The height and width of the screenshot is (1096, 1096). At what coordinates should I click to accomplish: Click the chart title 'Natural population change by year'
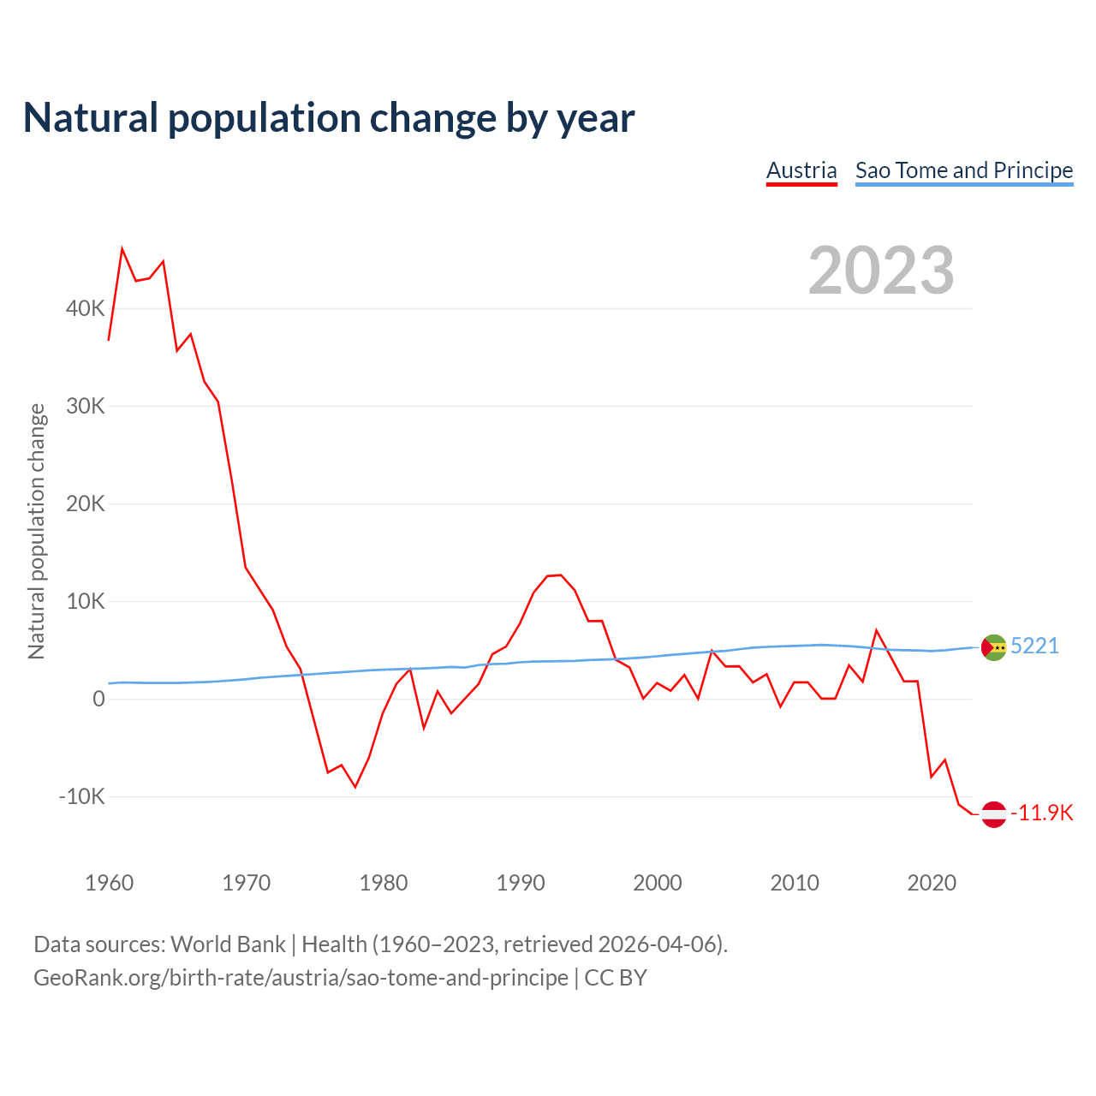point(329,118)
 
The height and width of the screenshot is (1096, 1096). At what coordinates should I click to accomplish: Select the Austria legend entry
point(801,170)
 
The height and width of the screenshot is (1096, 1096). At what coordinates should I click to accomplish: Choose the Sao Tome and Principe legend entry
point(964,170)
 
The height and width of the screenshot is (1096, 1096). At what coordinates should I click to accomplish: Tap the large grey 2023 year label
point(881,271)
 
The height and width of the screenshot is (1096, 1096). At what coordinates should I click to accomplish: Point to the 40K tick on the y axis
point(85,308)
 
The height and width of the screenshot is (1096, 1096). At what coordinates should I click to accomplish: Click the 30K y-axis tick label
point(85,406)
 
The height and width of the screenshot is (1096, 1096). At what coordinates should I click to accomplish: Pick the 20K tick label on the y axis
point(85,503)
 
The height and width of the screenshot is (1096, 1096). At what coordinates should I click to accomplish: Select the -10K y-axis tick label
point(81,796)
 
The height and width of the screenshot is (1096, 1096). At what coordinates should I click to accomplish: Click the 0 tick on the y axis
point(98,699)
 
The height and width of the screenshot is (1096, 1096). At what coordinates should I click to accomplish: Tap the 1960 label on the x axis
point(110,883)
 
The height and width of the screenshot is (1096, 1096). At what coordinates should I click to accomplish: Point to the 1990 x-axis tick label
point(521,883)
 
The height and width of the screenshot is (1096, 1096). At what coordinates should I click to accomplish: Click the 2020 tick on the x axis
point(932,883)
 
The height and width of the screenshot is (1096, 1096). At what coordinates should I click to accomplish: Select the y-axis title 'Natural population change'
point(36,532)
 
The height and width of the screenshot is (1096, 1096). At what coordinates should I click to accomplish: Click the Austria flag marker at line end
point(993,813)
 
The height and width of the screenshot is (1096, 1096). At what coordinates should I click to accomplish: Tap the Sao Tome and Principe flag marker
point(993,647)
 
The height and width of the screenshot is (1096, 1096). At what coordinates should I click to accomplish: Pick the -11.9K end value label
point(1042,813)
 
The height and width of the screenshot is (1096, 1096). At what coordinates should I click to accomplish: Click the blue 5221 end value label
point(1035,646)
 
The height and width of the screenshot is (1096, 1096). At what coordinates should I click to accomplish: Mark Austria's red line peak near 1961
point(122,249)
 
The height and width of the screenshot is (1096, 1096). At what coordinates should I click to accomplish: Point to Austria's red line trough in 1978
point(355,787)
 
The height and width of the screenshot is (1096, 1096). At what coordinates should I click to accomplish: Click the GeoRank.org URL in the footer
point(301,978)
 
